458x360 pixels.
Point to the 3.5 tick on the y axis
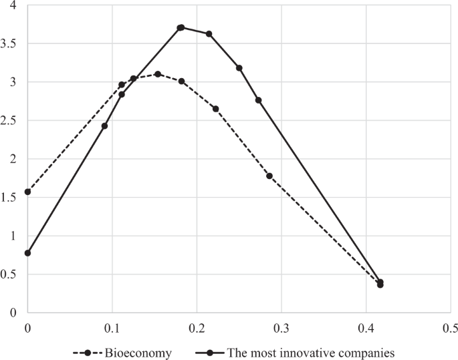pyautogui.click(x=11, y=43)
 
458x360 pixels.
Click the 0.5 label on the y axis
pyautogui.click(x=11, y=274)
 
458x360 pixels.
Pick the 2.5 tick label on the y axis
pyautogui.click(x=11, y=120)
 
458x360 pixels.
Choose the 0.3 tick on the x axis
pyautogui.click(x=281, y=328)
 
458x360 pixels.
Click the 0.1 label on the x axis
pyautogui.click(x=112, y=328)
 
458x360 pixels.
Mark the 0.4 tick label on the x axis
pyautogui.click(x=366, y=328)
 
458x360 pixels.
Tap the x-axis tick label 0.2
pyautogui.click(x=197, y=328)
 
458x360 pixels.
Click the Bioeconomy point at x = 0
pyautogui.click(x=27, y=192)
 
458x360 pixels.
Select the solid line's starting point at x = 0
pyautogui.click(x=27, y=253)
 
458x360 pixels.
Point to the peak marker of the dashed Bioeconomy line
pyautogui.click(x=158, y=74)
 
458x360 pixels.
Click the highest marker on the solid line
pyautogui.click(x=181, y=27)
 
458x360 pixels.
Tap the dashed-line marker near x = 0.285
pyautogui.click(x=269, y=176)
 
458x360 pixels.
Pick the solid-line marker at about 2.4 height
pyautogui.click(x=104, y=126)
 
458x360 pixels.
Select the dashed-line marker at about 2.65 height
pyautogui.click(x=215, y=109)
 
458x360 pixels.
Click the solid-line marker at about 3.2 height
pyautogui.click(x=239, y=68)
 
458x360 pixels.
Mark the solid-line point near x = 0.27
pyautogui.click(x=258, y=100)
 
